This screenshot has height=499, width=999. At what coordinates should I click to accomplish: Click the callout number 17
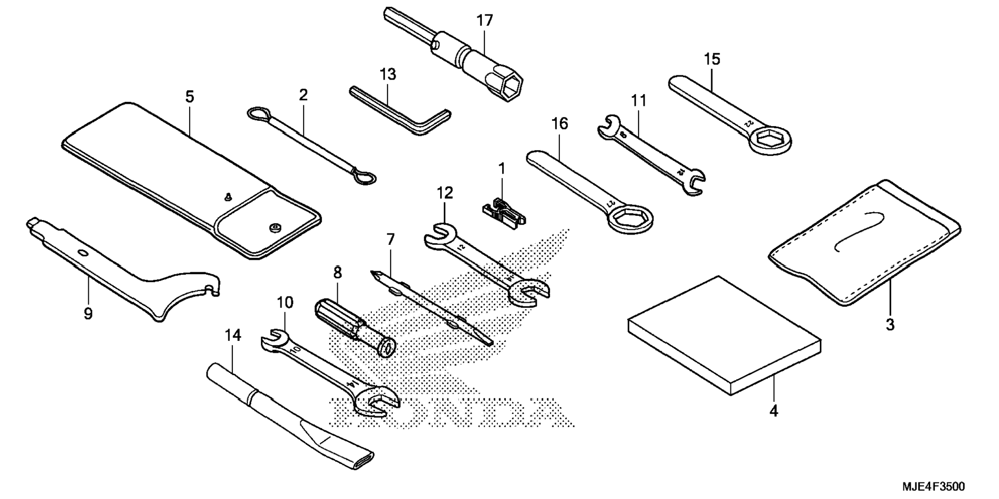(x=485, y=21)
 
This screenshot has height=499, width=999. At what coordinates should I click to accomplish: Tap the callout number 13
(x=387, y=74)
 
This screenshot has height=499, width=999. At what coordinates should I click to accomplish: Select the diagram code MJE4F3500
(x=933, y=487)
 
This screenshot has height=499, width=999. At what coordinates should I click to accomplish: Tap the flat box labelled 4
(x=723, y=336)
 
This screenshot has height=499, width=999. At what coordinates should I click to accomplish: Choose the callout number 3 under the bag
(x=889, y=325)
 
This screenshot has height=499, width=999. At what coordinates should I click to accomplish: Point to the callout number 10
(x=285, y=303)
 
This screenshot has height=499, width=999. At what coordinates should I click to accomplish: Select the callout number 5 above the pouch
(x=190, y=97)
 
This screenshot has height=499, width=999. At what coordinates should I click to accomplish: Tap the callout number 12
(x=444, y=193)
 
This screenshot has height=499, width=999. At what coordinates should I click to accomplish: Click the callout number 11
(x=639, y=100)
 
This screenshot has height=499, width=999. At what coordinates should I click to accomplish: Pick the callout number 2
(x=303, y=95)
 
